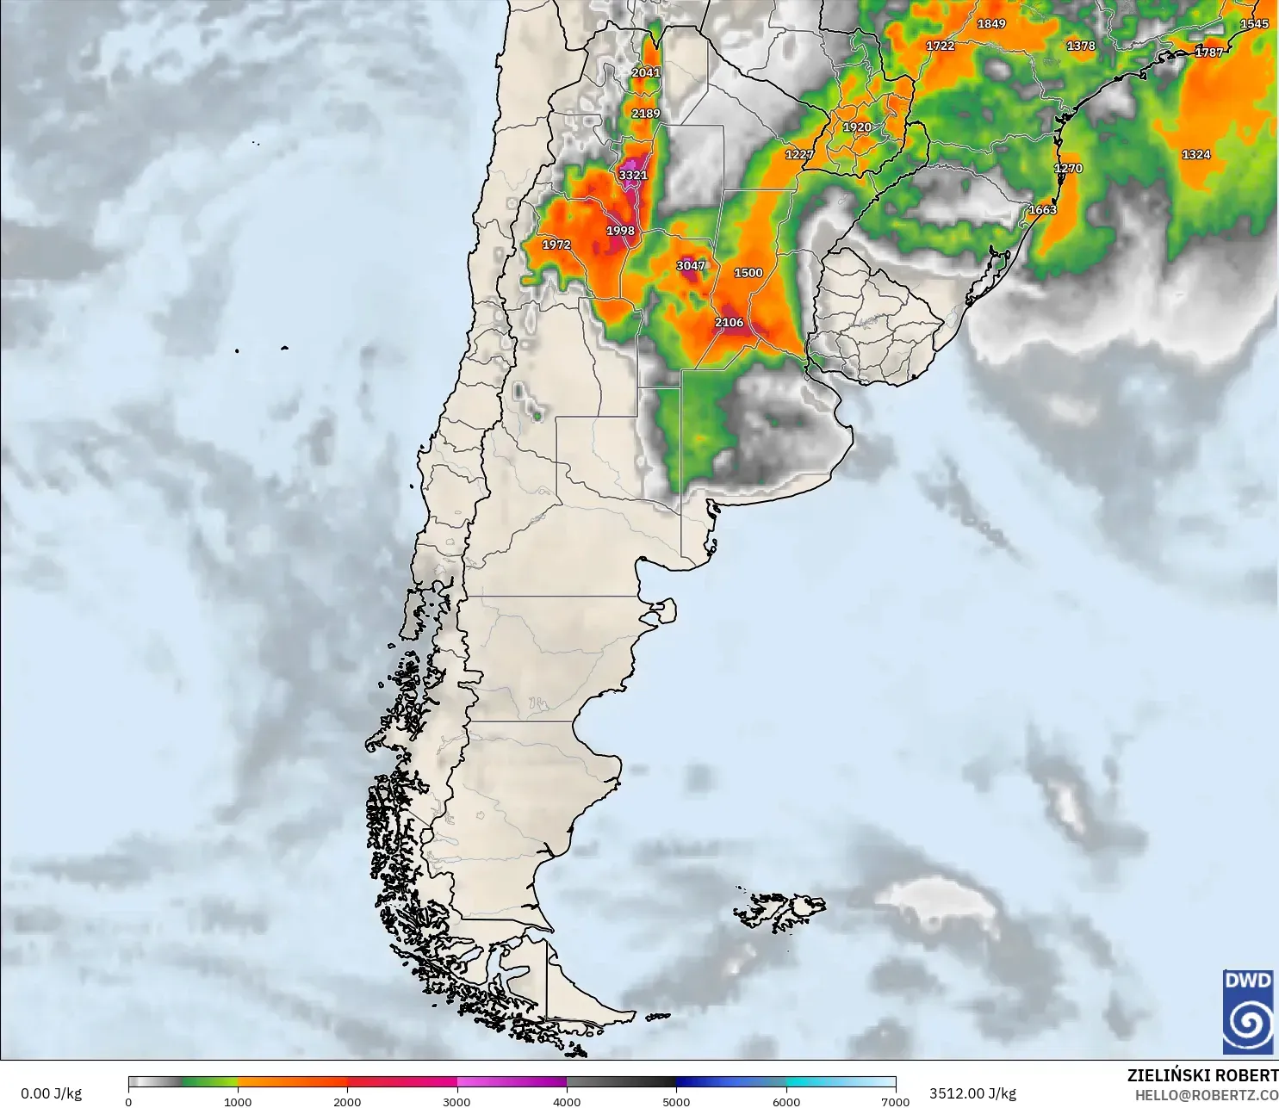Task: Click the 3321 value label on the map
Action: point(632,175)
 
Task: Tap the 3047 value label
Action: point(690,266)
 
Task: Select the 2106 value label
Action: point(729,323)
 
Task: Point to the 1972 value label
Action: point(556,245)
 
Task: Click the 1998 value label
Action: point(620,231)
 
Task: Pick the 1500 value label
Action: point(748,273)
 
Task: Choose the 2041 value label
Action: point(645,73)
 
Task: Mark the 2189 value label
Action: point(645,114)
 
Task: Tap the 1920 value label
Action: point(856,127)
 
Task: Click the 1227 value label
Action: point(798,155)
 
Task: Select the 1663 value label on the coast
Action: point(1042,210)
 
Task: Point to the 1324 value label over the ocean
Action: point(1195,155)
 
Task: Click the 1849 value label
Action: point(990,24)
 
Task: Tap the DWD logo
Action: point(1247,1011)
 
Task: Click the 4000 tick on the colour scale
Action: point(567,1101)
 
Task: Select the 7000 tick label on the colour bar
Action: point(895,1101)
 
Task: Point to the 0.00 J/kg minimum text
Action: point(52,1093)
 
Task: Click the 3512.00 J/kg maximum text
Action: point(972,1093)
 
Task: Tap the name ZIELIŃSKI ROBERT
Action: point(1202,1075)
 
